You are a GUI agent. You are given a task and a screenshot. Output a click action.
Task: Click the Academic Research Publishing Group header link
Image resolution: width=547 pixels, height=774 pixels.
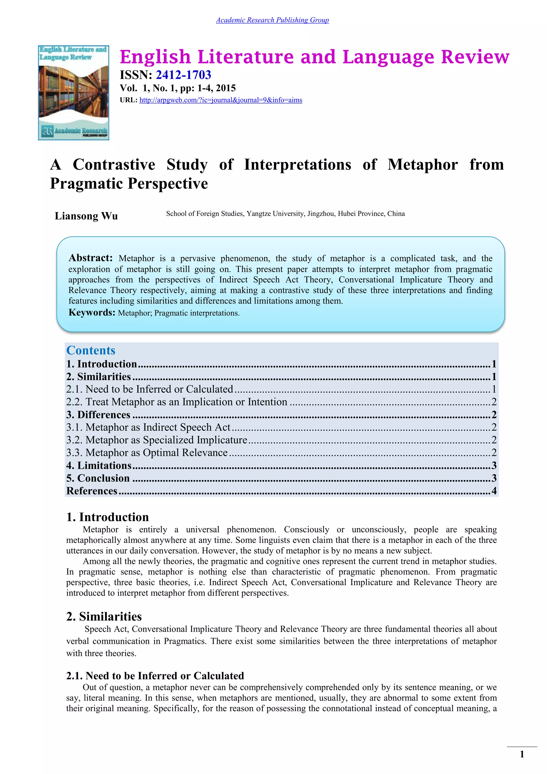click(x=272, y=20)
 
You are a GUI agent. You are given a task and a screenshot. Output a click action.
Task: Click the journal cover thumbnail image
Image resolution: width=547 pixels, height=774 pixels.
click(x=73, y=93)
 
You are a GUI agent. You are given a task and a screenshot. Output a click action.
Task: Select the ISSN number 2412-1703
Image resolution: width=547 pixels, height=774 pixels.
click(x=183, y=75)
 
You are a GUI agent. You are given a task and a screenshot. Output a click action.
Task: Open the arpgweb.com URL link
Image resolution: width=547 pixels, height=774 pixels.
click(x=221, y=100)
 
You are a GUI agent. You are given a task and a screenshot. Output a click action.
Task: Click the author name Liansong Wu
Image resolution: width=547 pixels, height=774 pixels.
click(x=86, y=216)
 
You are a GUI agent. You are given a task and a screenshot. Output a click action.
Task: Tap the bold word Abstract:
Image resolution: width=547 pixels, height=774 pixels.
click(x=90, y=258)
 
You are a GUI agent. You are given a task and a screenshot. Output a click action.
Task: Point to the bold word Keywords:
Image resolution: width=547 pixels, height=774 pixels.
click(x=92, y=312)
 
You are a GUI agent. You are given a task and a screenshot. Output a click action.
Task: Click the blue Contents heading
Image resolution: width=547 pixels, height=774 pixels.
click(x=91, y=350)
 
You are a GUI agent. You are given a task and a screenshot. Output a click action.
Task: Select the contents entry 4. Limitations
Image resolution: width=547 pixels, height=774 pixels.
click(x=99, y=466)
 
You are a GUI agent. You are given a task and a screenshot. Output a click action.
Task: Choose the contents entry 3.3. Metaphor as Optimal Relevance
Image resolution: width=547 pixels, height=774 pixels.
click(x=147, y=453)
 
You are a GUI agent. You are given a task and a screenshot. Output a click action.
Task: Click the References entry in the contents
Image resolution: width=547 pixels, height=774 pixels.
click(x=92, y=491)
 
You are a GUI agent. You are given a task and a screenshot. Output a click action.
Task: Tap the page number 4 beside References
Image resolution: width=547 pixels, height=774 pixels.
click(x=494, y=491)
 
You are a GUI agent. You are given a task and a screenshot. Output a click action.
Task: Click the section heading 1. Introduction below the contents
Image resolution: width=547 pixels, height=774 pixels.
click(x=107, y=517)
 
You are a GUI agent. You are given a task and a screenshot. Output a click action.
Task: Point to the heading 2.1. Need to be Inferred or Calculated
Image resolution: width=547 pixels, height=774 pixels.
click(x=155, y=676)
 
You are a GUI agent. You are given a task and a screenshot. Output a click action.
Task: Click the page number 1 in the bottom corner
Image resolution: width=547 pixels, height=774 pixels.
click(x=522, y=754)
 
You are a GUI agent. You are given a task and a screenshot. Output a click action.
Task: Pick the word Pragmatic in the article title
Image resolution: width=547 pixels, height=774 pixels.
click(x=87, y=184)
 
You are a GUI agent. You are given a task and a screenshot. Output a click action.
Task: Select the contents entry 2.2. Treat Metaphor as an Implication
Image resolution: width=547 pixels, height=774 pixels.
click(x=177, y=402)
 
